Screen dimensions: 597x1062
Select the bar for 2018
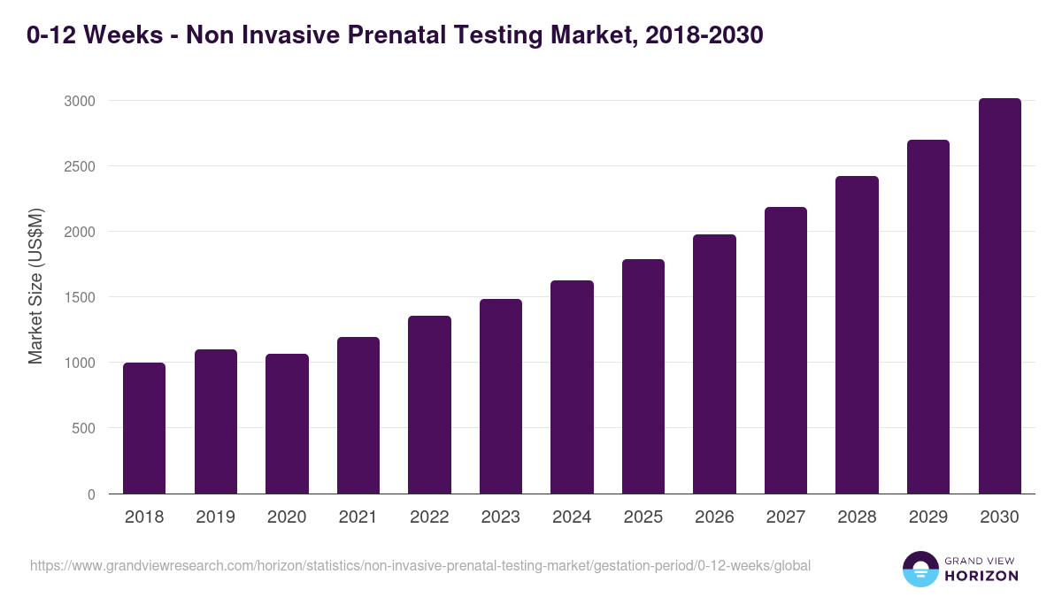pos(144,428)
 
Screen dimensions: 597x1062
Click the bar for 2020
pos(287,424)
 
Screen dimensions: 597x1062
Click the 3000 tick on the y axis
pos(79,101)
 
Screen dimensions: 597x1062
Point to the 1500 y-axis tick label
pos(79,297)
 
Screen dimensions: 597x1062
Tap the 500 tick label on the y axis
pos(82,428)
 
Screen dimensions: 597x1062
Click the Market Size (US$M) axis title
pos(35,286)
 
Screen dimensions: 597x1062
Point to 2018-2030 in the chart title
pos(699,35)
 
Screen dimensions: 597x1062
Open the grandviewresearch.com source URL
pos(420,565)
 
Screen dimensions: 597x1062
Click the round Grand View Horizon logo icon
pos(920,569)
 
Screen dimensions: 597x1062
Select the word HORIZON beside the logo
pos(981,576)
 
